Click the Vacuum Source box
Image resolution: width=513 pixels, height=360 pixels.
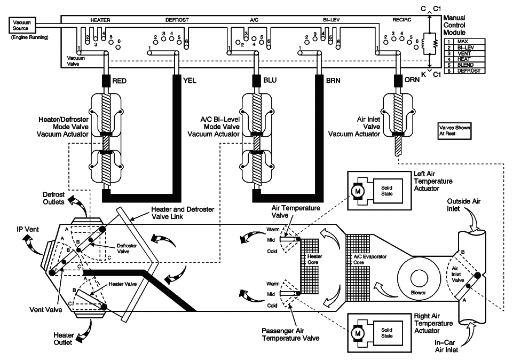coord(22,25)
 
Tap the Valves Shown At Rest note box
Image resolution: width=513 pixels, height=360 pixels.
coord(455,131)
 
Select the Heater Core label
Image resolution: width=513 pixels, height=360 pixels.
coord(315,259)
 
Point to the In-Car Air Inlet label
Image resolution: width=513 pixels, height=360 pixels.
coord(446,347)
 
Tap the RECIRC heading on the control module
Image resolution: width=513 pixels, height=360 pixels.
coord(401,20)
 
